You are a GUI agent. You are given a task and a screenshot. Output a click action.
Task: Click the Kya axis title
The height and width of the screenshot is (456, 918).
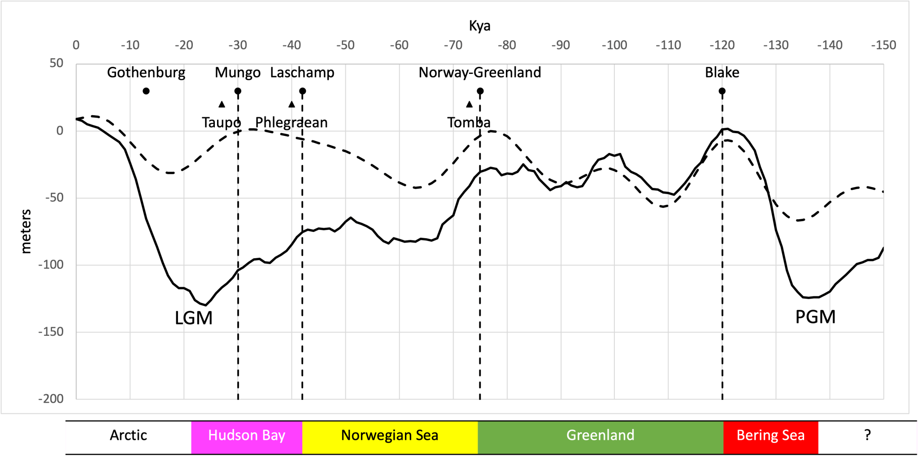479,26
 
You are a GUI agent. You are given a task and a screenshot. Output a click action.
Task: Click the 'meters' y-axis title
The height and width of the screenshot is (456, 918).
26,231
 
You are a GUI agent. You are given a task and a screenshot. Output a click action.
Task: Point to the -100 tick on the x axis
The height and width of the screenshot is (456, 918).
614,45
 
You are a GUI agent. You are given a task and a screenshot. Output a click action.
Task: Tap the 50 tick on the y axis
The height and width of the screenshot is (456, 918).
57,63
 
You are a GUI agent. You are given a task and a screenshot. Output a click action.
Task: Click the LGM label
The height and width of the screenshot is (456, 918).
193,318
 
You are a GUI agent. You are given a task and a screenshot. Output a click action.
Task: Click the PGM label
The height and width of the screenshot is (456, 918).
815,317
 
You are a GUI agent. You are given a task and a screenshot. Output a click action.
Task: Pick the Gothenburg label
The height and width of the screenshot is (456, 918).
146,73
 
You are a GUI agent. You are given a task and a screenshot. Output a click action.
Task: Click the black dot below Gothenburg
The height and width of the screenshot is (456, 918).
146,91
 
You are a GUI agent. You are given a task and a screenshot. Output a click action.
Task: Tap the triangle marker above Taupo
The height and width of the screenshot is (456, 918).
222,104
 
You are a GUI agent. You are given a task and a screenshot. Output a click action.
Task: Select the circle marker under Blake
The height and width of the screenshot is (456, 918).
722,91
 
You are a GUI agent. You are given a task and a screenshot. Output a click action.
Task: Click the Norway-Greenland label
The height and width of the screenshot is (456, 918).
479,73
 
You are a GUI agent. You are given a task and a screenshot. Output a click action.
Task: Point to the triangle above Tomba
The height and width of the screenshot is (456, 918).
469,104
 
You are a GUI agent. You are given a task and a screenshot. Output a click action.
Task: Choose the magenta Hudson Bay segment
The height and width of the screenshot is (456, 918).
247,435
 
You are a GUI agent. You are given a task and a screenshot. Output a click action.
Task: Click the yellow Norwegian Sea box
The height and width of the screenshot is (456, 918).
389,435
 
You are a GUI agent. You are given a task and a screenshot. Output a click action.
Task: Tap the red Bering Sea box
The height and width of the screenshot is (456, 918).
770,435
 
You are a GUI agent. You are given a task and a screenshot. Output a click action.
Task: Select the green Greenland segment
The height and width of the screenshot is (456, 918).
600,435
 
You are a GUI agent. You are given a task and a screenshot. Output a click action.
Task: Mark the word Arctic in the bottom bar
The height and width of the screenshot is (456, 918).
128,435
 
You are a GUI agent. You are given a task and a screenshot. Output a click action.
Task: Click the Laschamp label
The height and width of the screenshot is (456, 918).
302,73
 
